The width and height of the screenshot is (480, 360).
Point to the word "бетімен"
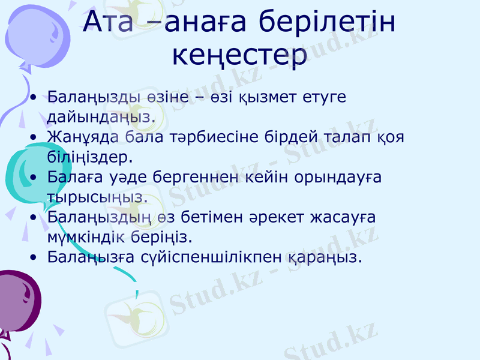[x=200, y=217]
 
